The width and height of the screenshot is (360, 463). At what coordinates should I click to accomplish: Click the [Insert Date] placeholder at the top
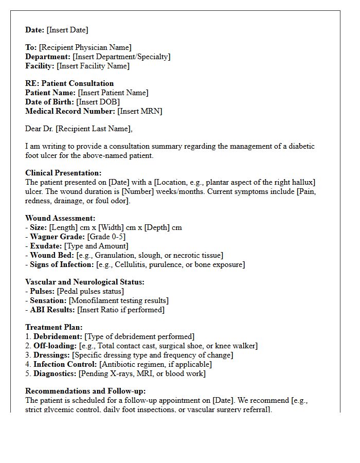tap(67, 30)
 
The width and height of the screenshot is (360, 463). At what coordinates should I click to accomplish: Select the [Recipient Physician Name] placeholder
tap(85, 47)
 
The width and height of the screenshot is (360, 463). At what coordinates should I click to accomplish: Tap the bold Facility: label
tap(40, 66)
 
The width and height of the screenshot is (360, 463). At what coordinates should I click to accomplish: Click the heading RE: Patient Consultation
tap(69, 83)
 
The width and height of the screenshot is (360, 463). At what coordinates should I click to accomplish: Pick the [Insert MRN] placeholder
tap(139, 111)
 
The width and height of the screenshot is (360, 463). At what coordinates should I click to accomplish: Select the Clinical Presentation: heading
tap(63, 173)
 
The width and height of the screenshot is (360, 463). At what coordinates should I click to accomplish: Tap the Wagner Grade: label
tap(58, 237)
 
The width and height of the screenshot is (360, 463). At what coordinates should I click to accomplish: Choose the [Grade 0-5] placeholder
tap(106, 237)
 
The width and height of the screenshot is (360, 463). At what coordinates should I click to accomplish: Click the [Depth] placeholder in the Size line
tap(160, 227)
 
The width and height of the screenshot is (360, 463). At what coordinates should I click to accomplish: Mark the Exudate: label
tap(46, 246)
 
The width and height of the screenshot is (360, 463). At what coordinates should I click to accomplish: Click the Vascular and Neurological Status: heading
tap(85, 282)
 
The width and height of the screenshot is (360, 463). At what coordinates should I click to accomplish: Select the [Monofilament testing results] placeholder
tap(119, 300)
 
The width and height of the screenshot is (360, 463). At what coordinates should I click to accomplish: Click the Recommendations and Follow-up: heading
tap(85, 391)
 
